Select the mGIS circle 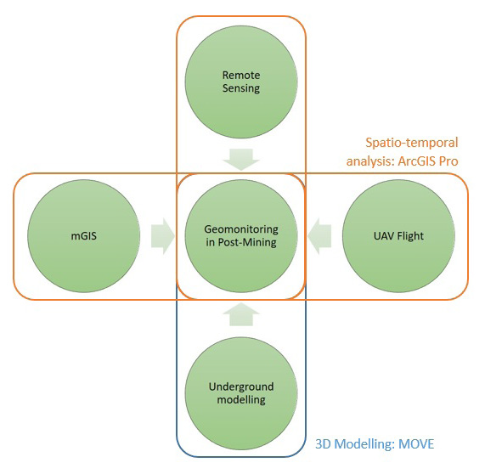(83, 236)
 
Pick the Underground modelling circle (240, 392)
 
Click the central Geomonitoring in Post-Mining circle (240, 236)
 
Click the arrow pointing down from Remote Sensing (240, 157)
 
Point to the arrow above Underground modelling (240, 314)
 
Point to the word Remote (240, 74)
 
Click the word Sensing (240, 87)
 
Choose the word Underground (240, 387)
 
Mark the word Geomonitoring (240, 229)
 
